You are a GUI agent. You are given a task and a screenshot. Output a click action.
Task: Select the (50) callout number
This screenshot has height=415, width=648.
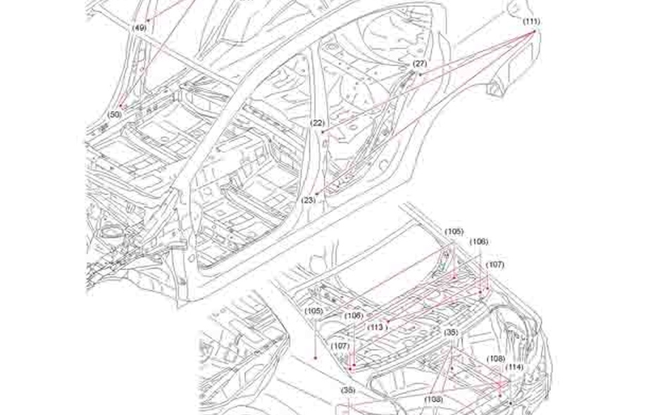115,114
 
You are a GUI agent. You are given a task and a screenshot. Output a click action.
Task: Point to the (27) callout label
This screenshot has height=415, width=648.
420,64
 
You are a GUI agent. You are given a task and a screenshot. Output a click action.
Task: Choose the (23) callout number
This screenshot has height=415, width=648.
309,200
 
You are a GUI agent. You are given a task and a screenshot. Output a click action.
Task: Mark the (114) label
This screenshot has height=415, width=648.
515,367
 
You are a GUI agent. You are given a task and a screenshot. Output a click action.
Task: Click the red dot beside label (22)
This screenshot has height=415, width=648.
322,132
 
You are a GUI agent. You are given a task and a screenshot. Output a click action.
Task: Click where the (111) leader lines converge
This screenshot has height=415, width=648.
533,31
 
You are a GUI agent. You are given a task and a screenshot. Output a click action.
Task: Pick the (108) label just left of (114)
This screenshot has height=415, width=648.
495,359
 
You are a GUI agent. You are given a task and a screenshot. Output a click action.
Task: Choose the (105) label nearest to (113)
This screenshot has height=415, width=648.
314,311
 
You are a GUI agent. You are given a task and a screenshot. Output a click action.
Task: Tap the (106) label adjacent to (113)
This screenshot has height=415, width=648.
354,316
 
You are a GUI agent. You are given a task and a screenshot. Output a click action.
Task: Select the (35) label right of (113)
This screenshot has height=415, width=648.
450,331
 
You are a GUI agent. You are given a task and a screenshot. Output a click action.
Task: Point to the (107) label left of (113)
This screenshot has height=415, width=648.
341,346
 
